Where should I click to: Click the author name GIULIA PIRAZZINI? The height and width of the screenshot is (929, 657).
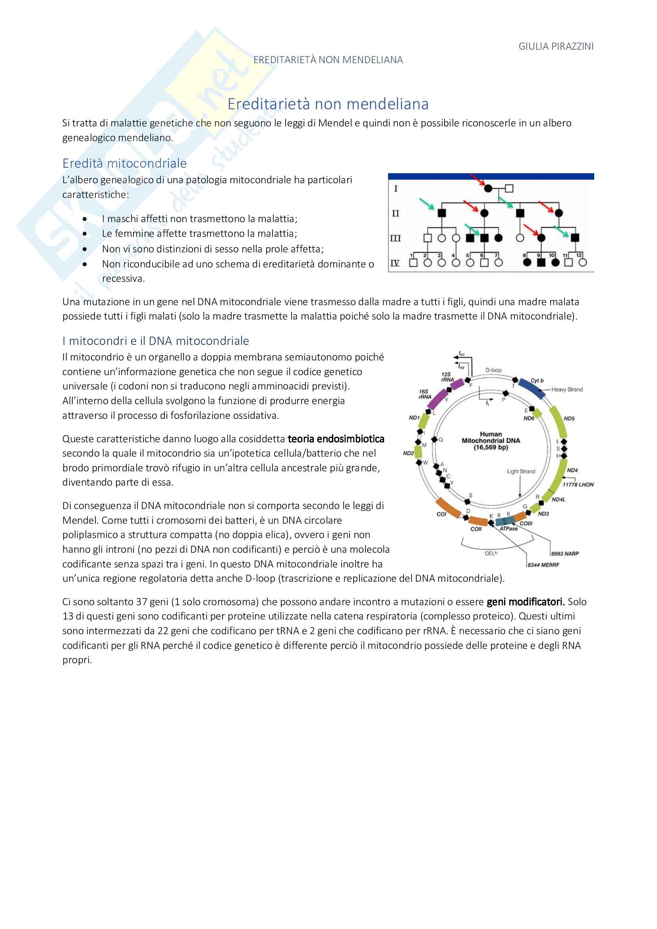pos(556,46)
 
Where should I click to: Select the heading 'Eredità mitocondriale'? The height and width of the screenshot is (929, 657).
pos(125,163)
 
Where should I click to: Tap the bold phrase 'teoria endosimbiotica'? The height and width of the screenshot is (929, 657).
pos(336,439)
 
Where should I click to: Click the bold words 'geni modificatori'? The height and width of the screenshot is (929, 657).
pos(525,602)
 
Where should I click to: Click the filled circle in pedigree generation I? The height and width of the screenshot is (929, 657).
pos(488,188)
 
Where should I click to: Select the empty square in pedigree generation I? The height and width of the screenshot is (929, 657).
pos(509,188)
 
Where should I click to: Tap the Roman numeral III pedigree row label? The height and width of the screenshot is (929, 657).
pos(395,238)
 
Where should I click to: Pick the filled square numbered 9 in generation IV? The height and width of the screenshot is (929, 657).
pos(541,263)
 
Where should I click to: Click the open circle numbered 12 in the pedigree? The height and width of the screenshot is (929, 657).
pos(583,262)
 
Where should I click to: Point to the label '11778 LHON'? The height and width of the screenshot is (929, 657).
pos(578,484)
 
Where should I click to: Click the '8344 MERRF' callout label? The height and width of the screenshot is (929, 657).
pos(543,565)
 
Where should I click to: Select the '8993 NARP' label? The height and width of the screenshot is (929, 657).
pos(565,554)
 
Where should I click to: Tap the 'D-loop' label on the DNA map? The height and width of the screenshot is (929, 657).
pos(493,370)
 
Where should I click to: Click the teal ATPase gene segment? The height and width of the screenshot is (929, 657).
pos(506,521)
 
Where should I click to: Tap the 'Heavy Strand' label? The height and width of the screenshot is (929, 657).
pos(567,389)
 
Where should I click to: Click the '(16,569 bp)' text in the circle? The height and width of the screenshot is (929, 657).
pos(491,447)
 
